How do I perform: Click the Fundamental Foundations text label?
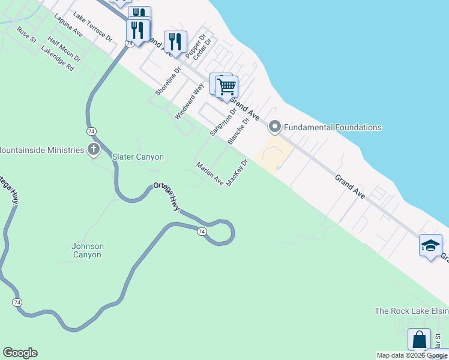coord(333,127)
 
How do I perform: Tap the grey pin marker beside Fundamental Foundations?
coord(275,127)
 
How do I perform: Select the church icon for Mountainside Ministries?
coord(93,149)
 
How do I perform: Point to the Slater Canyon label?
coord(138,157)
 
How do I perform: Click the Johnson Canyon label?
coord(88,250)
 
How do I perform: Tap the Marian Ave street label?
coord(210,173)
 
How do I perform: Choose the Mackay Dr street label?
coord(238,173)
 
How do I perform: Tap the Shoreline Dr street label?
coord(168,81)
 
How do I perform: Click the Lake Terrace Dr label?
coord(92,26)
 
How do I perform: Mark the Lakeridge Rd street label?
coord(57,60)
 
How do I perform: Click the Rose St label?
coord(26,34)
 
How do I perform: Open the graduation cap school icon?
coord(430,245)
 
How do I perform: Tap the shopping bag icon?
coord(419,339)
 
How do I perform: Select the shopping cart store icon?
coord(226,86)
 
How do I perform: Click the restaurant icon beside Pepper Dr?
coord(175,41)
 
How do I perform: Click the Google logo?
coord(20,353)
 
